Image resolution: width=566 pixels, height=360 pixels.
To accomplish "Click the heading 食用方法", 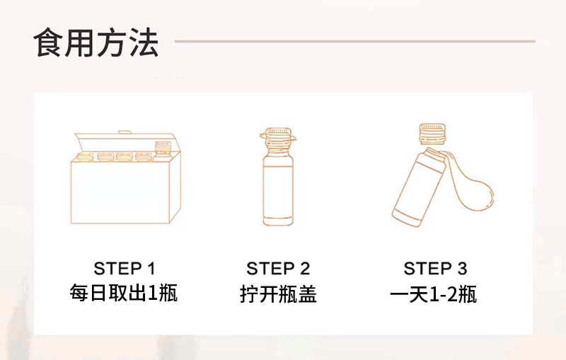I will click(96, 43).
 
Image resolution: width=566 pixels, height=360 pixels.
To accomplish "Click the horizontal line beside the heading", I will click(354, 41).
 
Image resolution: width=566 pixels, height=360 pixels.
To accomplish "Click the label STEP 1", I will click(124, 269).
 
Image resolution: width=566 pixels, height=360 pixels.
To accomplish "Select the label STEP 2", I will click(278, 269).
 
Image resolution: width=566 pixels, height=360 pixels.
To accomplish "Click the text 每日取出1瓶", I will click(124, 293).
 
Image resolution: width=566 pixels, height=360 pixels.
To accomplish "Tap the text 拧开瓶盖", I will click(278, 294).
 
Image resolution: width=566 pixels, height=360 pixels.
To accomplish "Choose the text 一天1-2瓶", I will click(434, 294).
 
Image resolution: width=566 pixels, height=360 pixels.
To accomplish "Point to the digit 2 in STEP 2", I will click(304, 269).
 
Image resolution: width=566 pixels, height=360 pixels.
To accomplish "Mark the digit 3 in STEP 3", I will click(461, 269).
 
